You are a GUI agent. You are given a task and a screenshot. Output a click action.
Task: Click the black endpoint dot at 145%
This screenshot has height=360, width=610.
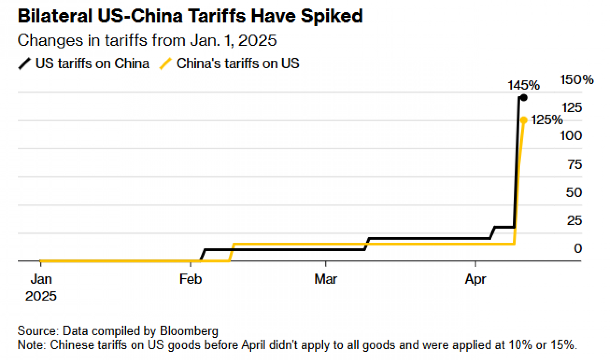click(x=524, y=98)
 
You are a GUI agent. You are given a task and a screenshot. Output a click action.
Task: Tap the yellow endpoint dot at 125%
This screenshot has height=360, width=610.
click(x=524, y=120)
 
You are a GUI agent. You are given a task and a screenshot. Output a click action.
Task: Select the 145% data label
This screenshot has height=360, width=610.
click(x=523, y=85)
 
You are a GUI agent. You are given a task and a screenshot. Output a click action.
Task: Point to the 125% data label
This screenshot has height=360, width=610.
click(x=547, y=120)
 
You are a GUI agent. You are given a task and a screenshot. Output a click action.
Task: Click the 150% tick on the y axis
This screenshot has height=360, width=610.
click(x=577, y=80)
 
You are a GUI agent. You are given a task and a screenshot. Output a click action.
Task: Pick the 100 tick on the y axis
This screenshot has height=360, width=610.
click(x=571, y=136)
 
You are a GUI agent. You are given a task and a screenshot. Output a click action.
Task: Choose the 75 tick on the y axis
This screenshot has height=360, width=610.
click(x=575, y=165)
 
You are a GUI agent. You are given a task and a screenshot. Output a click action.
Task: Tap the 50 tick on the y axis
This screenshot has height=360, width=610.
click(x=574, y=193)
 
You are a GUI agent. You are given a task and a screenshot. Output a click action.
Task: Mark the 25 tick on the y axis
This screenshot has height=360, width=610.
click(x=574, y=221)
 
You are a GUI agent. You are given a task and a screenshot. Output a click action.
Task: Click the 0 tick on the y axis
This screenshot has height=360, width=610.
click(x=578, y=249)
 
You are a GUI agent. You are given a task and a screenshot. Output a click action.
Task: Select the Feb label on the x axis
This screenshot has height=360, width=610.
click(x=191, y=279)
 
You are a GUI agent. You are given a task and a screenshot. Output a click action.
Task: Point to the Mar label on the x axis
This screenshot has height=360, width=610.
click(x=326, y=279)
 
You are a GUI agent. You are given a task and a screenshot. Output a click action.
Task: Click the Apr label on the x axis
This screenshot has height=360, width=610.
click(x=475, y=279)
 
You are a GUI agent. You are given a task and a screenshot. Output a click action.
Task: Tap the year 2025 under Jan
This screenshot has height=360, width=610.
click(x=41, y=296)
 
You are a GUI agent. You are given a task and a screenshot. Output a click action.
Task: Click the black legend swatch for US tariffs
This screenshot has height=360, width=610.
click(x=24, y=64)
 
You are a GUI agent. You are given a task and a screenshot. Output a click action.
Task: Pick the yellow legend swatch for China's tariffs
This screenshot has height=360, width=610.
click(x=165, y=64)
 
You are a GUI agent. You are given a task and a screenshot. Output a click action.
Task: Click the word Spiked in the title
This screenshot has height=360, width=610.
click(x=332, y=16)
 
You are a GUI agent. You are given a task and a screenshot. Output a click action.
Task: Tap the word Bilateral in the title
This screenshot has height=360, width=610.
click(x=55, y=16)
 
